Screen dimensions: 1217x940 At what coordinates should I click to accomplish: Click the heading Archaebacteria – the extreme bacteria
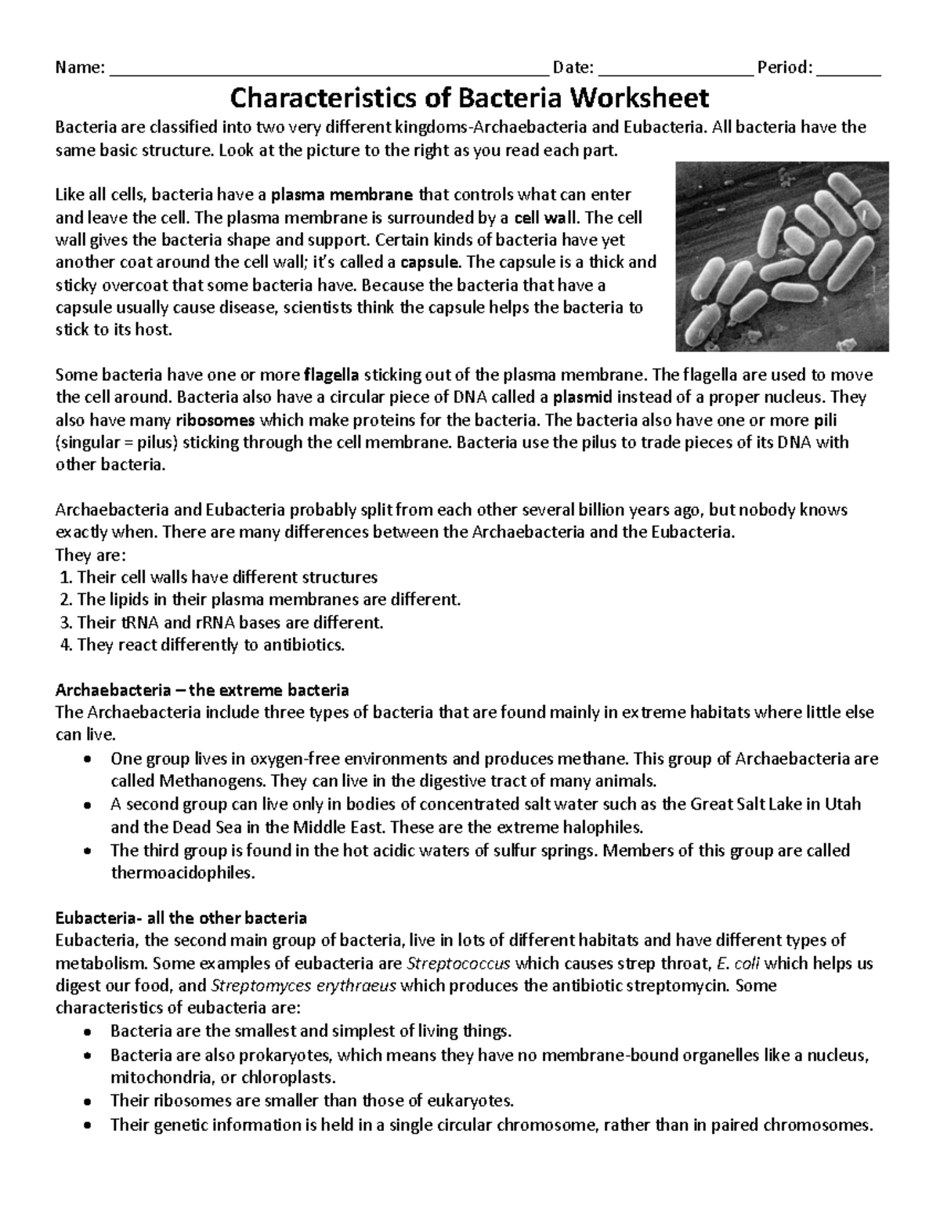[x=202, y=690]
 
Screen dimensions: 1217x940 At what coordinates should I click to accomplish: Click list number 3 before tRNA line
[x=66, y=623]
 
